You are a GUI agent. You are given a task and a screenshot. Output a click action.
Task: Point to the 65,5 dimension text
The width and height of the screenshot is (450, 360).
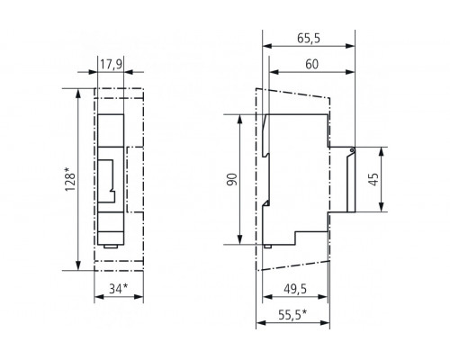(x=310, y=40)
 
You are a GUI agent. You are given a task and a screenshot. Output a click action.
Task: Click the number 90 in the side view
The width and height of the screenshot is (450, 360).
(x=231, y=180)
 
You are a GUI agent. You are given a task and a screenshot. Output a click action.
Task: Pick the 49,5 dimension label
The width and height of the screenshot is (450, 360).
(x=289, y=290)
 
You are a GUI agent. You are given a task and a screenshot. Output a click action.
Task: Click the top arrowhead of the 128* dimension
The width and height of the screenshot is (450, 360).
(x=79, y=91)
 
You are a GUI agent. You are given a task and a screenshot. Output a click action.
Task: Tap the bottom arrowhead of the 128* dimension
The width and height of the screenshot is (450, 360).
(x=79, y=266)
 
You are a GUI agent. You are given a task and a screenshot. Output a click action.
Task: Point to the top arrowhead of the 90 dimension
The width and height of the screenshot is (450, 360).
(x=239, y=118)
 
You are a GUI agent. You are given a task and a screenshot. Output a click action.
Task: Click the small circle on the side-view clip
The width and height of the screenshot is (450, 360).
(x=352, y=152)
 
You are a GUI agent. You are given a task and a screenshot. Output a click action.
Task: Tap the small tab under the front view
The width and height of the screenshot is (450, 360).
(x=109, y=244)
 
